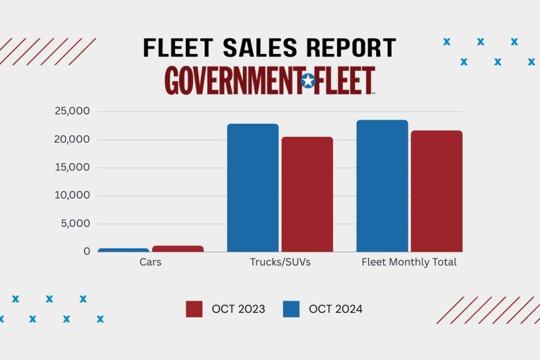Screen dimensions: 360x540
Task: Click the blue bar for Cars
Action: tap(123, 250)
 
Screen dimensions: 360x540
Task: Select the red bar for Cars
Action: tap(178, 248)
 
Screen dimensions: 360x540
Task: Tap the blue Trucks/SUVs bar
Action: tap(253, 188)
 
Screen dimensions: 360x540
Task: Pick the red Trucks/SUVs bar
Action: tap(307, 194)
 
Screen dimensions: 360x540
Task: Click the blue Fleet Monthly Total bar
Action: tap(382, 186)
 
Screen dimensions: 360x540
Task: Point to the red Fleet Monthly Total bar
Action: tap(437, 191)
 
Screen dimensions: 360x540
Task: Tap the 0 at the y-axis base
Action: tap(87, 251)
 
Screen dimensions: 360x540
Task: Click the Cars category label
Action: tap(150, 263)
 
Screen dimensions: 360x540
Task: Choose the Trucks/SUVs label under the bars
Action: tap(280, 263)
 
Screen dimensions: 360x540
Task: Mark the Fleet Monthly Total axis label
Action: tap(409, 263)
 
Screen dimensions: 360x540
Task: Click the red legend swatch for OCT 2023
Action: tap(194, 309)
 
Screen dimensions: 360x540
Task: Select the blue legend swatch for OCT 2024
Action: tap(291, 309)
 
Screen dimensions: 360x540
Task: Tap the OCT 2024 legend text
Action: tap(336, 309)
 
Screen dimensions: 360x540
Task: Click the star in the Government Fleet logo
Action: tap(308, 81)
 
